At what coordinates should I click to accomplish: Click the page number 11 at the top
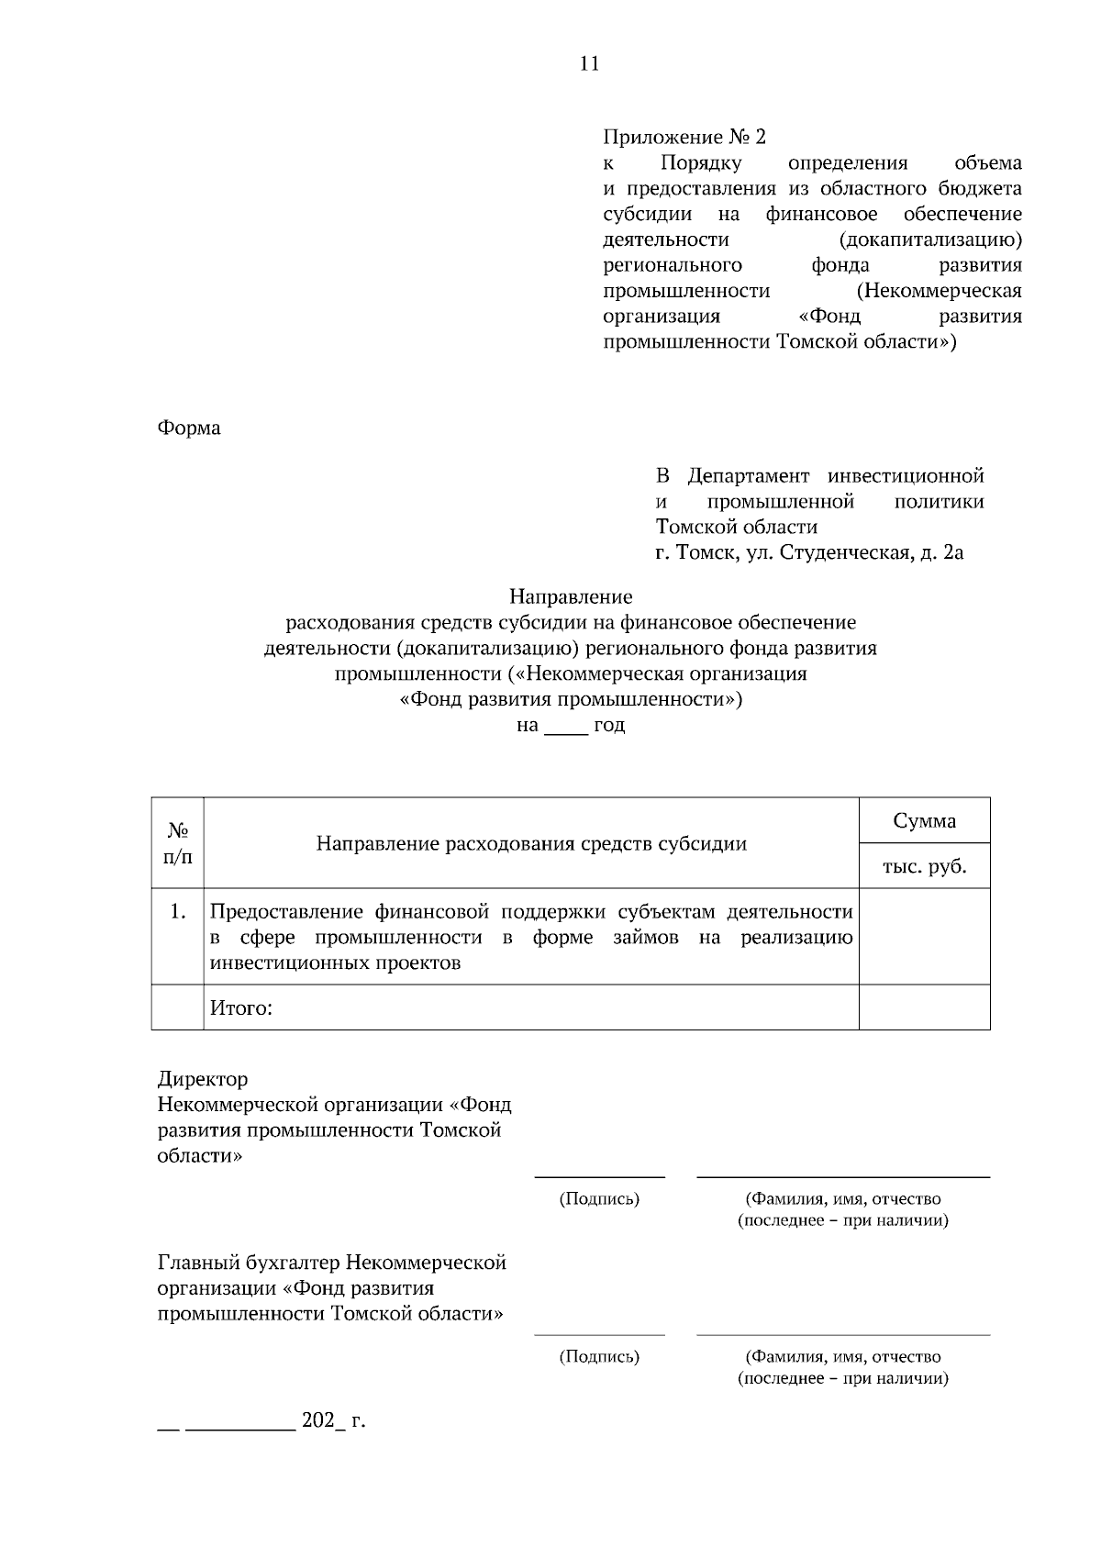[x=589, y=63]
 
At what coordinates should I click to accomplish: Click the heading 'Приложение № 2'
[x=684, y=138]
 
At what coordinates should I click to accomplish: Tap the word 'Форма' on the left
[x=189, y=428]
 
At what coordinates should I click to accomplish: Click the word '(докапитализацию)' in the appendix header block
[x=930, y=239]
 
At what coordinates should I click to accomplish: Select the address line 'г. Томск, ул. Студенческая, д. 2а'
[x=809, y=553]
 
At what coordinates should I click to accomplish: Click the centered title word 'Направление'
[x=571, y=597]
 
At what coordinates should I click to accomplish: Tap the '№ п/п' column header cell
[x=178, y=843]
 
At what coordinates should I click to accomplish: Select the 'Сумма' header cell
[x=924, y=821]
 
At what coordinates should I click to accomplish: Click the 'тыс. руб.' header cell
[x=924, y=866]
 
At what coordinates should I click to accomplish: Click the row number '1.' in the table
[x=178, y=912]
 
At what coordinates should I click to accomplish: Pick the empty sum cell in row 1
[x=924, y=937]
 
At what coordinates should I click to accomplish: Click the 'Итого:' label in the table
[x=241, y=1008]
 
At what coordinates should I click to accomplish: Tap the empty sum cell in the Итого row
[x=924, y=1007]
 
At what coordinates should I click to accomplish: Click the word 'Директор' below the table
[x=203, y=1079]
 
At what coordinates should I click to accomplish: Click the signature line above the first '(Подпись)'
[x=599, y=1175]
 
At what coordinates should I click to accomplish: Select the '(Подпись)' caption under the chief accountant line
[x=599, y=1356]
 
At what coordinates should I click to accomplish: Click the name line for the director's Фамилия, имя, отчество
[x=842, y=1175]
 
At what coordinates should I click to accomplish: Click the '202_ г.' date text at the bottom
[x=333, y=1420]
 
